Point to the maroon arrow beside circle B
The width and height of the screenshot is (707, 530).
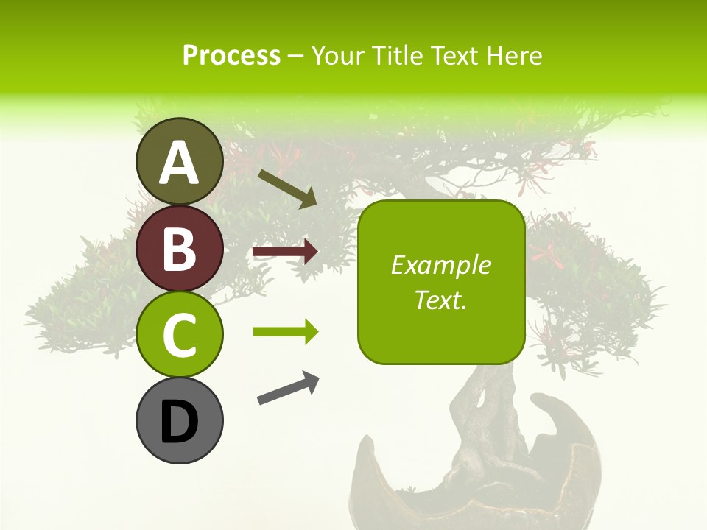[285, 252]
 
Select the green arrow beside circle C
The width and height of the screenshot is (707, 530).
[285, 332]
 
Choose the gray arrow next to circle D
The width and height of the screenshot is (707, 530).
[288, 388]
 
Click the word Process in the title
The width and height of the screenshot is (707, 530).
[231, 55]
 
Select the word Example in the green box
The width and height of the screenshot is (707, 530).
[440, 265]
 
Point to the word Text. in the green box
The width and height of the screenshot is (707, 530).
[440, 300]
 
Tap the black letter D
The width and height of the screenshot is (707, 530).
[179, 422]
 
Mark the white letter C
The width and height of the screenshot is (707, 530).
[179, 336]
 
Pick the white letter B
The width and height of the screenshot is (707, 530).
[179, 248]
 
